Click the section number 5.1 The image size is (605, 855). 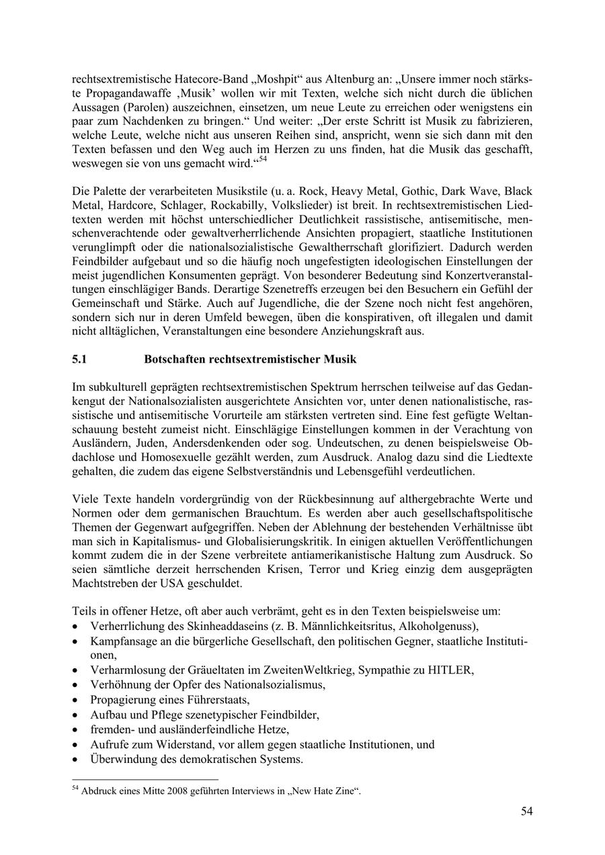click(x=80, y=359)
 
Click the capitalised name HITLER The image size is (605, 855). click(x=451, y=671)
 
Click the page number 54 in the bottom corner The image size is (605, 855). click(x=526, y=812)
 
